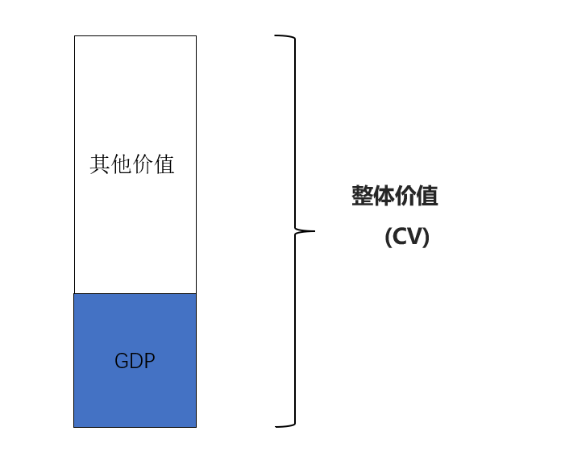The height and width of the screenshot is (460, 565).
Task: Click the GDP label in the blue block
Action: pos(135,361)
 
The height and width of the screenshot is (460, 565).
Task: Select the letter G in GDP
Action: pos(121,361)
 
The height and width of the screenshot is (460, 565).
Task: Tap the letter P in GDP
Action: pos(150,361)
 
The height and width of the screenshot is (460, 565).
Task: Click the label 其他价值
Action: pos(132,164)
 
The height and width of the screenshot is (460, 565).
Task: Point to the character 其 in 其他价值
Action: pos(100,164)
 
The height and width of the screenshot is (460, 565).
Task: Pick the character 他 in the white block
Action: pos(121,164)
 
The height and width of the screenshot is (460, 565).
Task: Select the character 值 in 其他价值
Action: pos(164,164)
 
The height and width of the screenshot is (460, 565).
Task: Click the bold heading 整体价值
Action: pos(395,196)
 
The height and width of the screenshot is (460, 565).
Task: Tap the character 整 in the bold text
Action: pos(362,196)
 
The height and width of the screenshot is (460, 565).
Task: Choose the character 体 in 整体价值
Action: pos(384,196)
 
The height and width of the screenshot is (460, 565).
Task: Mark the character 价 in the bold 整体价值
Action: pos(405,196)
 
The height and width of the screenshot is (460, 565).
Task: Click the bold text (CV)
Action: pos(407,237)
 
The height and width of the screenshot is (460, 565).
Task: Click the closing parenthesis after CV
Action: pos(426,237)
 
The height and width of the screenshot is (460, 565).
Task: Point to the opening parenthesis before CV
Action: pos(388,237)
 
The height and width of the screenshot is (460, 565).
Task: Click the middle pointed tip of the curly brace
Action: pos(314,231)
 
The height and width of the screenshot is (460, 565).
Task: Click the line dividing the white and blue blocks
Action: pos(135,293)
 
